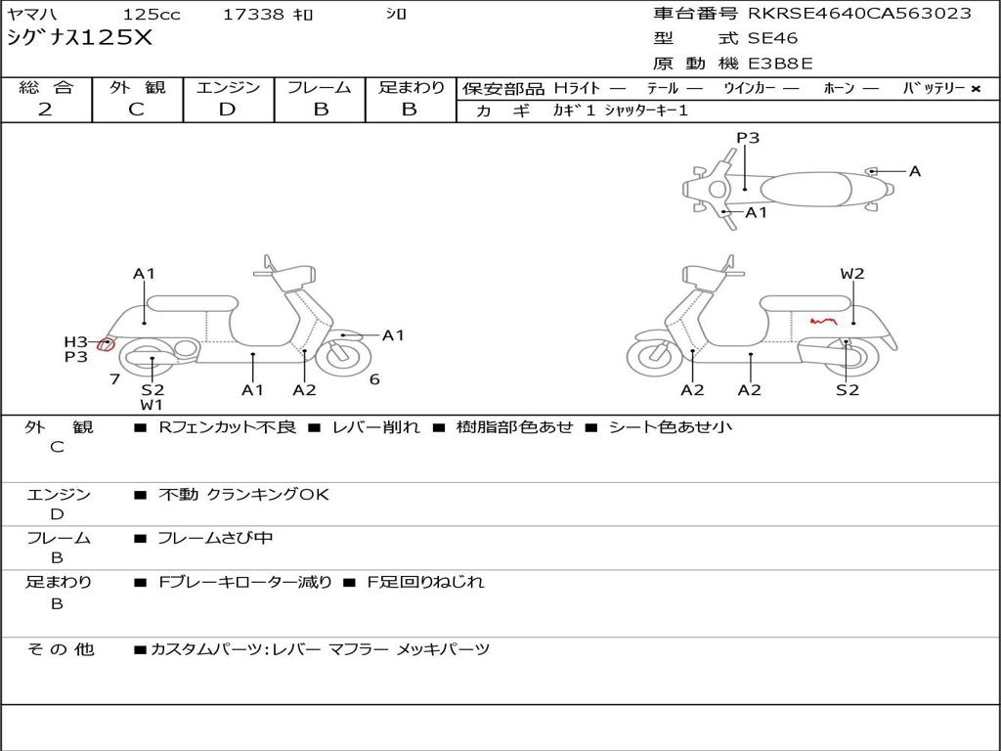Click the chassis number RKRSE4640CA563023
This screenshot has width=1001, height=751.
[x=859, y=13]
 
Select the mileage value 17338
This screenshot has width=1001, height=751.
[x=253, y=15]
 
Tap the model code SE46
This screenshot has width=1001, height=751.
[x=772, y=39]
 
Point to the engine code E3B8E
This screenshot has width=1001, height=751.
[x=780, y=65]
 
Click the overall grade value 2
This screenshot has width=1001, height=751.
[x=45, y=110]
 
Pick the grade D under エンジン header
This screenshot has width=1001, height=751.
[x=227, y=110]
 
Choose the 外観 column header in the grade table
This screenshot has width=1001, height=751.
[x=137, y=87]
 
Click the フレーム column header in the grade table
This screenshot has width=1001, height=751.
[x=320, y=87]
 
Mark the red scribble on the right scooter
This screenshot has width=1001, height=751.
[x=823, y=320]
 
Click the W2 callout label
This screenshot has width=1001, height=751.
[x=852, y=274]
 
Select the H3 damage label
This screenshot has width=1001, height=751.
[x=75, y=341]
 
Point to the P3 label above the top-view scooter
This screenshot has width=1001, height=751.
[x=748, y=138]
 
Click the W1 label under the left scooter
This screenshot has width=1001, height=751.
[x=152, y=404]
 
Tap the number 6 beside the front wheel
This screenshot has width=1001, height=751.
[x=374, y=379]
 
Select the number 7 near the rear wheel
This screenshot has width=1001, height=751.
[x=114, y=379]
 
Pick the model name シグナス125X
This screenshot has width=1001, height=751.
[x=80, y=39]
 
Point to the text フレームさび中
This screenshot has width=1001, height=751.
[x=215, y=538]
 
